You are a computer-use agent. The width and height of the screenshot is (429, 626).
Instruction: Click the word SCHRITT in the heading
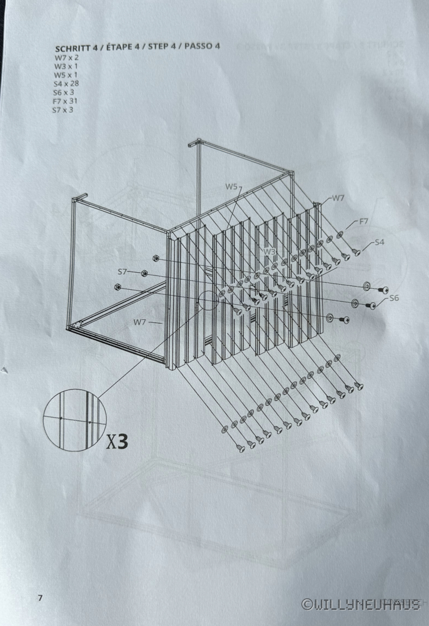71,48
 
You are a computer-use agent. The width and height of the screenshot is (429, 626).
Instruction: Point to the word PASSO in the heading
199,46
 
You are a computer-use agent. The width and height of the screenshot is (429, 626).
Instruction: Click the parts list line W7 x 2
65,57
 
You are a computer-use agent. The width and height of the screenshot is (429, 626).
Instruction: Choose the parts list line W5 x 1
64,74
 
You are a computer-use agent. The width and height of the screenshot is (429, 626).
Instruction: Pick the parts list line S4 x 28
66,83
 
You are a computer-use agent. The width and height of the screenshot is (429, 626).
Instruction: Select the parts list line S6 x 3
64,92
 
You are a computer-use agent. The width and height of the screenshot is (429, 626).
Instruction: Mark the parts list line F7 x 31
65,101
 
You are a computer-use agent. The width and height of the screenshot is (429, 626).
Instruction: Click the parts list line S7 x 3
63,110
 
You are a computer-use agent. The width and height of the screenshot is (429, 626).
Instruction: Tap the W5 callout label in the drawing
231,187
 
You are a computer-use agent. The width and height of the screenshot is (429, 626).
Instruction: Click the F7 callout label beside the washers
364,222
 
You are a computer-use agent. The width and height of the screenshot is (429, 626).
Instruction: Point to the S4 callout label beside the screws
379,242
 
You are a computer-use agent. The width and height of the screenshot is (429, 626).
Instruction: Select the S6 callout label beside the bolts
393,298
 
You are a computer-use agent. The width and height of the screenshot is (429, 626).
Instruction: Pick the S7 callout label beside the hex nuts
123,272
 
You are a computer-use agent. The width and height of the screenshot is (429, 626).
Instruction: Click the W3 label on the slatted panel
270,252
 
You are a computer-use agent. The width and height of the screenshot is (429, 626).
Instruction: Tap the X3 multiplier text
117,442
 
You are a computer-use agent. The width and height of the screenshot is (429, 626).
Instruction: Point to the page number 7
39,598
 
